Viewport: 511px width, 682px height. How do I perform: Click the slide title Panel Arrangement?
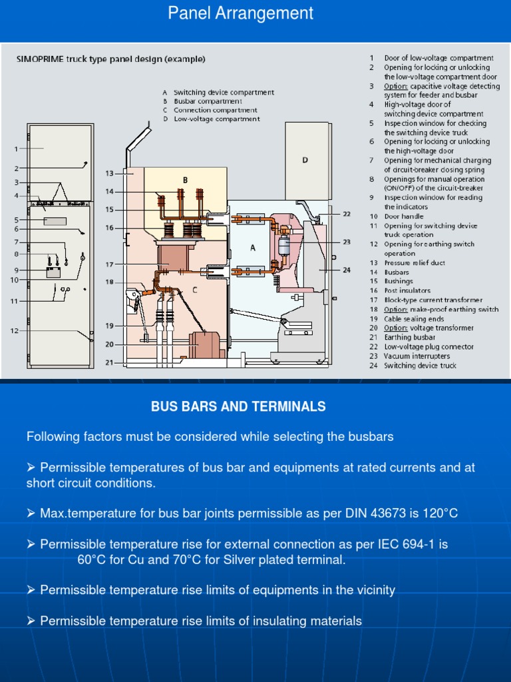[240, 13]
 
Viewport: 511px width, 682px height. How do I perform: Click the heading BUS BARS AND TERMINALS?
[238, 406]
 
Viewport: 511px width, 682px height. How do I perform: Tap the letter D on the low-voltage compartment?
[305, 159]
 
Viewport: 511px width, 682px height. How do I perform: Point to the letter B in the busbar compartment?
[185, 180]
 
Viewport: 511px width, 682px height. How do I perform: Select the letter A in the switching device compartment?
[252, 248]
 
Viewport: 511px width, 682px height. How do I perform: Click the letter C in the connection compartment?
[194, 290]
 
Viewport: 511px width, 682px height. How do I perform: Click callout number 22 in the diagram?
[347, 214]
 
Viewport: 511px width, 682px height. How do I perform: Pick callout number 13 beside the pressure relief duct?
[110, 173]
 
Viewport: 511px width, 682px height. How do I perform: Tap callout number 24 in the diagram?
[347, 270]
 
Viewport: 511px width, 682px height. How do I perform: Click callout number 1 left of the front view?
[16, 149]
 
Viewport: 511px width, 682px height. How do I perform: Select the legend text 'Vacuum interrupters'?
[412, 356]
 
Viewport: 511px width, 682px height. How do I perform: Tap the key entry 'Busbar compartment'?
[206, 101]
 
